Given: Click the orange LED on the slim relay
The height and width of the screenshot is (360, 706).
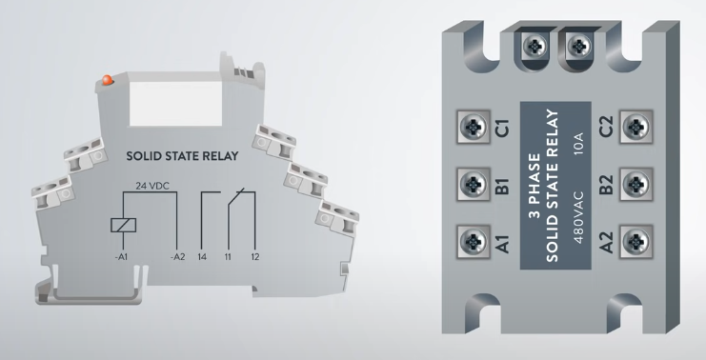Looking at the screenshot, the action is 107,80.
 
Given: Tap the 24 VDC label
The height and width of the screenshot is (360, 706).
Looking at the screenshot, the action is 152,186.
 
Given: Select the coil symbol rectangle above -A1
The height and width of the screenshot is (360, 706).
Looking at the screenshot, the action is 123,225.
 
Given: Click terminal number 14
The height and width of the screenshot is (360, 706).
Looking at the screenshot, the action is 202,257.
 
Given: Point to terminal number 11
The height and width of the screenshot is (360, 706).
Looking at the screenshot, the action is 228,257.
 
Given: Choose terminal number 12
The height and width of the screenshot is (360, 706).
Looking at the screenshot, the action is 255,257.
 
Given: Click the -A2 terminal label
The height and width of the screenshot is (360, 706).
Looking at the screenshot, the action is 177,257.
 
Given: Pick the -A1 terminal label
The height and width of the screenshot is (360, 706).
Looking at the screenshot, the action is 122,257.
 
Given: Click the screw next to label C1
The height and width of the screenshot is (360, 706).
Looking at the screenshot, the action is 474,127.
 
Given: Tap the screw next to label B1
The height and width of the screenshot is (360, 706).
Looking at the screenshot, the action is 474,184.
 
